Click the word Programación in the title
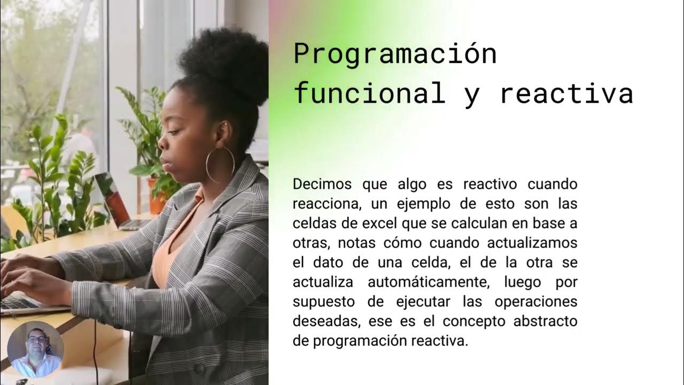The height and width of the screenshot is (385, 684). point(395,55)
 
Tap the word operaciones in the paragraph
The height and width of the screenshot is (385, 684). point(536,302)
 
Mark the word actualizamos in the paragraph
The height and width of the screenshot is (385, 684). point(532,243)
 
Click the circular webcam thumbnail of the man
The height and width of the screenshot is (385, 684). point(35,350)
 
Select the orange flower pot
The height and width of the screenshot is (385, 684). point(157,196)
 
